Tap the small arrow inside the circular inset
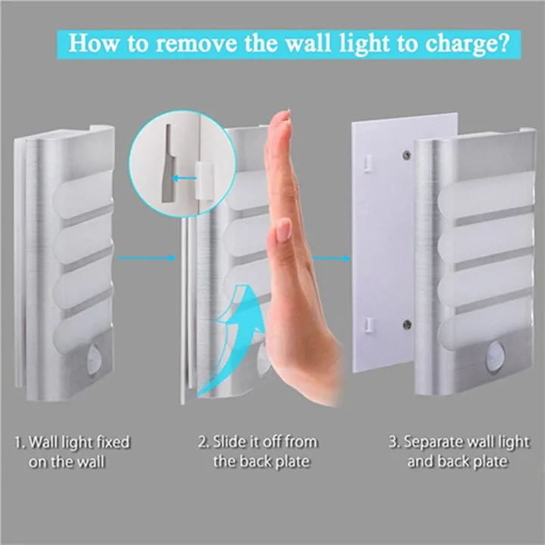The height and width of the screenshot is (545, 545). coord(181,179)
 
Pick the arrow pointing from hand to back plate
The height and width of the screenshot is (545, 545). coord(327,258)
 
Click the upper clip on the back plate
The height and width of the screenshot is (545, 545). coord(366,160)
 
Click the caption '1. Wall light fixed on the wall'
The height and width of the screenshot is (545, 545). coord(72,451)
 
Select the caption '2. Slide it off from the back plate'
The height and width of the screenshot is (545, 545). coord(257,451)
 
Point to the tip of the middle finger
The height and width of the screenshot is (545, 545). coord(282,114)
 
